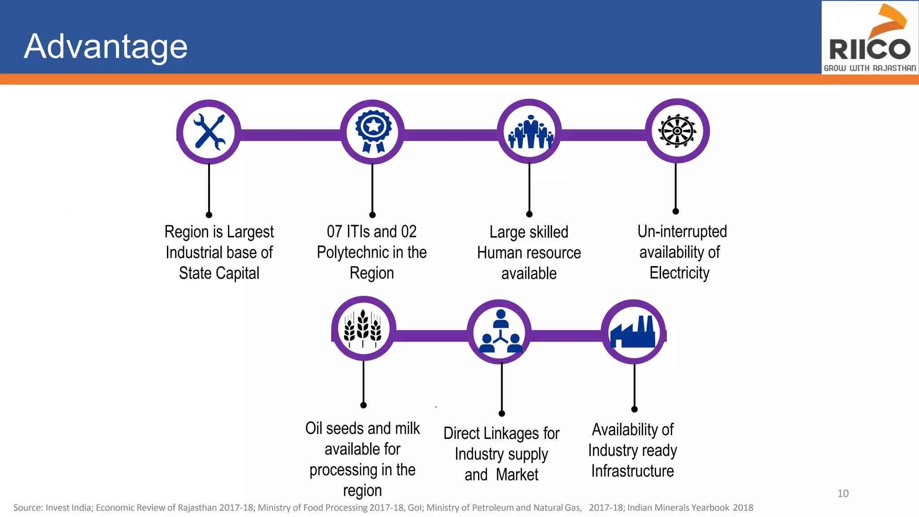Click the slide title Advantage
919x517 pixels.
click(x=106, y=46)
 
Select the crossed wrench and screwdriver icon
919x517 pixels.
click(x=209, y=131)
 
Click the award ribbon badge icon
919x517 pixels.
click(x=373, y=131)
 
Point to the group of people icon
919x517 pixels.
click(x=530, y=131)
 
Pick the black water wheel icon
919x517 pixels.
click(x=677, y=131)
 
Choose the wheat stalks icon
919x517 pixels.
click(x=363, y=328)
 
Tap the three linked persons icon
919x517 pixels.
click(x=500, y=332)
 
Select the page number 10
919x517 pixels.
click(x=843, y=493)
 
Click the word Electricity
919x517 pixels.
click(x=679, y=273)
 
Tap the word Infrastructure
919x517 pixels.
click(x=632, y=471)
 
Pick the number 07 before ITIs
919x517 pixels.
click(x=334, y=232)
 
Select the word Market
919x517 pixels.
click(x=517, y=475)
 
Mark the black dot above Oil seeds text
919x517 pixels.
click(x=363, y=405)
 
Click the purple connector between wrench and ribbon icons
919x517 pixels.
click(x=290, y=135)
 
